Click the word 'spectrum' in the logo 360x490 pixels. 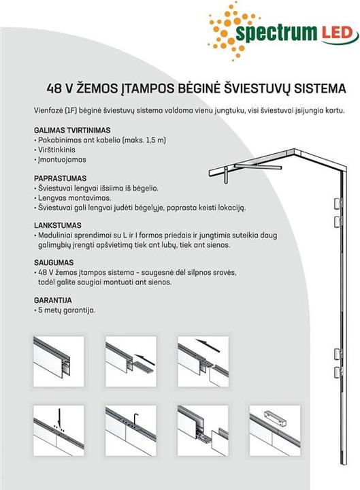pyautogui.click(x=276, y=34)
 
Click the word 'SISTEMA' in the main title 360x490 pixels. pyautogui.click(x=320, y=88)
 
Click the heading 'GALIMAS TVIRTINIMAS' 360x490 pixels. pyautogui.click(x=72, y=130)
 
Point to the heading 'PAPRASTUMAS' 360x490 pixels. pyautogui.click(x=61, y=178)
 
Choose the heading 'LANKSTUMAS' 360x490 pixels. pyautogui.click(x=58, y=225)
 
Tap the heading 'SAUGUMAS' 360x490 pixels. pyautogui.click(x=54, y=263)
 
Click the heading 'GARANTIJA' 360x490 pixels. pyautogui.click(x=53, y=300)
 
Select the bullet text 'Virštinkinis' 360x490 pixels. pyautogui.click(x=56, y=150)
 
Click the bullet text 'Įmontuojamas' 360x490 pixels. pyautogui.click(x=62, y=159)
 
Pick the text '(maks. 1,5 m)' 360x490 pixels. pyautogui.click(x=144, y=140)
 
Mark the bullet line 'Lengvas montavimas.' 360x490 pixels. pyautogui.click(x=75, y=198)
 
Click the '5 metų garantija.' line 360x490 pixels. pyautogui.click(x=67, y=310)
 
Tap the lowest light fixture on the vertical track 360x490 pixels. pyautogui.click(x=338, y=372)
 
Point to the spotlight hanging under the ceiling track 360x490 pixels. pyautogui.click(x=226, y=176)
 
